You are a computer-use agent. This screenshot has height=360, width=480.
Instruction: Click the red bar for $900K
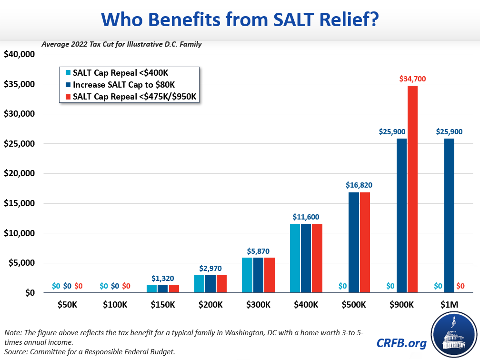click(x=412, y=189)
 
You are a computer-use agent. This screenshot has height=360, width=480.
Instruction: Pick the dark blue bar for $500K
click(x=354, y=242)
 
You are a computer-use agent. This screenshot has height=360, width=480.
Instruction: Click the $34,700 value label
click(x=412, y=79)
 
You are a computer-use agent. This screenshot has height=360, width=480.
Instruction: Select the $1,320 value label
click(x=163, y=278)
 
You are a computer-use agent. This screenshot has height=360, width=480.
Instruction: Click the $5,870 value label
click(x=258, y=250)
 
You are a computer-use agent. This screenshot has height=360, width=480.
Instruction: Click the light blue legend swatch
click(x=68, y=73)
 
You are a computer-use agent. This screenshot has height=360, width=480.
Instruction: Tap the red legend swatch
click(x=68, y=97)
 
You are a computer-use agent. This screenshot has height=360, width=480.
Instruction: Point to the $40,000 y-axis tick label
click(x=20, y=54)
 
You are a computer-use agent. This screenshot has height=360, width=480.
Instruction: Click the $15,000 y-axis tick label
click(x=20, y=203)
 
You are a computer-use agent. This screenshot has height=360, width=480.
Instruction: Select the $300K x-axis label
click(x=258, y=305)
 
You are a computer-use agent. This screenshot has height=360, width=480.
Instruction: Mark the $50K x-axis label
click(x=67, y=305)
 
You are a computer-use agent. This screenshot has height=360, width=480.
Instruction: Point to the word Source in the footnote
click(x=16, y=351)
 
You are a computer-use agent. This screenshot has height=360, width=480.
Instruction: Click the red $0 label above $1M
click(x=460, y=286)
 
